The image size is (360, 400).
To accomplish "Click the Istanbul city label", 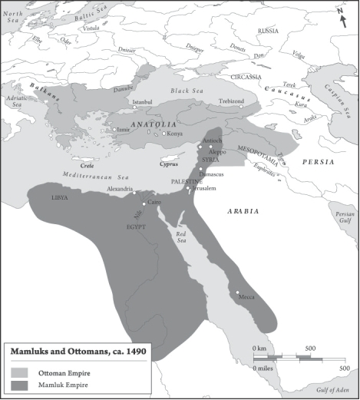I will coord(144,102).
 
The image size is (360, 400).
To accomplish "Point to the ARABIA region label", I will coord(242,210).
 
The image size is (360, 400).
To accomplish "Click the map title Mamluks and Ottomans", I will coord(78,352).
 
